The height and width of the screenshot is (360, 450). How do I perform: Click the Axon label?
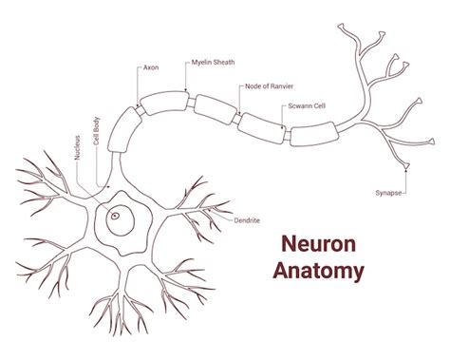click(x=149, y=68)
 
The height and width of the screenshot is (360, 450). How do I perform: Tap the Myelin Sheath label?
click(x=213, y=62)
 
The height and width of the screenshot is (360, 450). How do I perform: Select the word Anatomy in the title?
click(x=318, y=271)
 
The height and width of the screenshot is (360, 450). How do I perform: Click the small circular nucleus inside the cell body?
click(x=116, y=216)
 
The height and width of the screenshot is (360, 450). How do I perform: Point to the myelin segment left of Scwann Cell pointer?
click(x=258, y=123)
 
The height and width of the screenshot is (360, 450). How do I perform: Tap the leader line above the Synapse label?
click(x=408, y=181)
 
